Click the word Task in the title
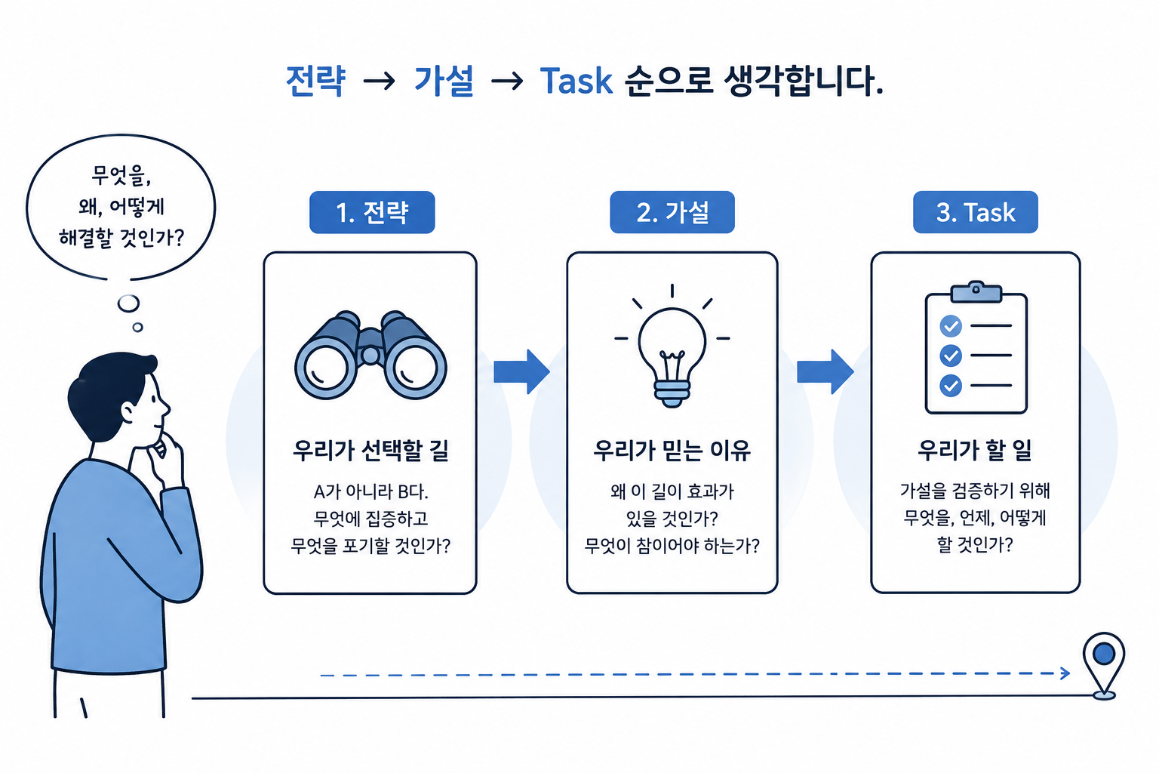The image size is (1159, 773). (576, 82)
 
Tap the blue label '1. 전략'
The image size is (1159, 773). (372, 212)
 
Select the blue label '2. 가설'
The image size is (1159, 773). (672, 212)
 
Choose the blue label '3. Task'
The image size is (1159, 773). (976, 212)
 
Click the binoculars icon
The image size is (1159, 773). (370, 356)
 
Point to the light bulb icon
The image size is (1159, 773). (672, 346)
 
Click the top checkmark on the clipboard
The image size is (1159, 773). (951, 325)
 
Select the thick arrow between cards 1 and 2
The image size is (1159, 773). (521, 371)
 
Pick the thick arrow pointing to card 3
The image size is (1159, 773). (825, 371)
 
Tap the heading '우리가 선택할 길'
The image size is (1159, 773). (370, 451)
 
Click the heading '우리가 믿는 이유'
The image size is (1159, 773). (672, 451)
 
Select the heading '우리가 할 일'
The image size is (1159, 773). (975, 451)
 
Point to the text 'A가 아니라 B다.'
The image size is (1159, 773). (370, 491)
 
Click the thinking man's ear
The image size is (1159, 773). (128, 412)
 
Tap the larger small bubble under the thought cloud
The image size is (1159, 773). (128, 303)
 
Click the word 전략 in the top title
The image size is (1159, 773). (315, 82)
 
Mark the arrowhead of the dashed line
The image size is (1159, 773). (1065, 673)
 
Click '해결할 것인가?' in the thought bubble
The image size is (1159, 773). (121, 238)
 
